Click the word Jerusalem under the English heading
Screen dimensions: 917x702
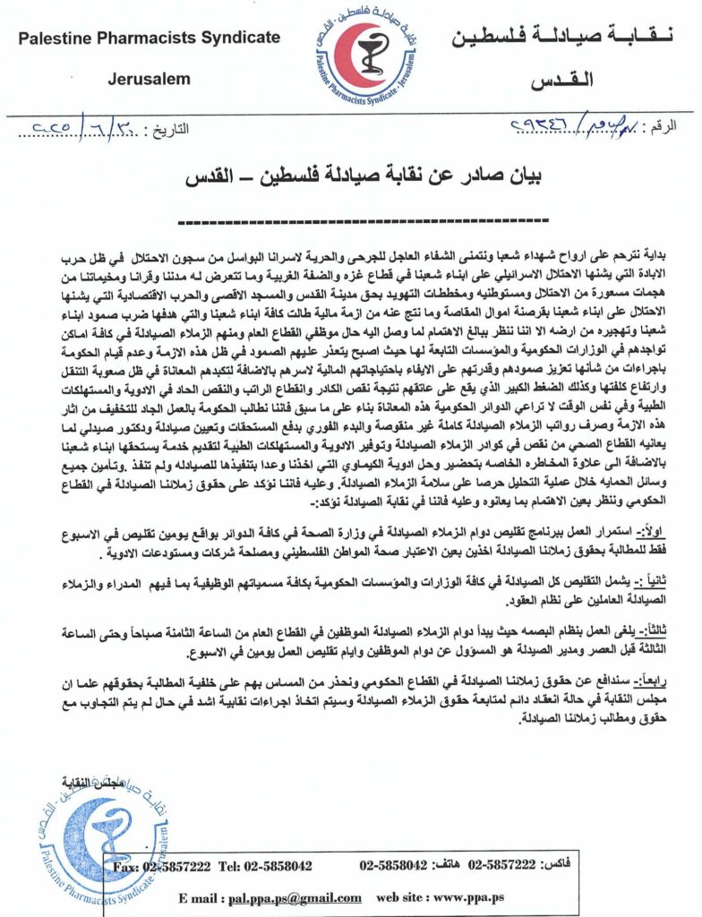149,79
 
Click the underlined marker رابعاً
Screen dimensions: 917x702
661,661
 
